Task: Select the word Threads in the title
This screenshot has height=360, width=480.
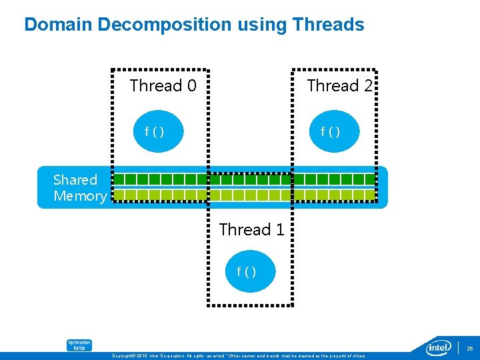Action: [x=327, y=25]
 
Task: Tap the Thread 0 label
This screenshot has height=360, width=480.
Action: [x=163, y=86]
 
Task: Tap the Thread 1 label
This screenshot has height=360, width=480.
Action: [x=251, y=230]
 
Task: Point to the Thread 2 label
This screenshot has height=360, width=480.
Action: [x=339, y=86]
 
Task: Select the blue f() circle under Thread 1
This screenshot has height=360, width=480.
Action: [x=247, y=271]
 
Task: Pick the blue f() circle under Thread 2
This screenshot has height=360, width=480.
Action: [x=331, y=131]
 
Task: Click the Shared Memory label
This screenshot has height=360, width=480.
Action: [x=79, y=188]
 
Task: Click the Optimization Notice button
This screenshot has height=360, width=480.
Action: [x=79, y=345]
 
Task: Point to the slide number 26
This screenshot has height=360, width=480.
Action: [x=469, y=349]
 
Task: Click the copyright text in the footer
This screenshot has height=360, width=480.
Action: [x=241, y=356]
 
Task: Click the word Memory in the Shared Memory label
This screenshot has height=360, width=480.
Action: [x=79, y=196]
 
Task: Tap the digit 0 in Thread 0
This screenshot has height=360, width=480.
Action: [x=191, y=86]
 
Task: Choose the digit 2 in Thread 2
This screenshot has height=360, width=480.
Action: [x=367, y=86]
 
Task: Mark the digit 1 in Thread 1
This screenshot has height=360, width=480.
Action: [x=280, y=230]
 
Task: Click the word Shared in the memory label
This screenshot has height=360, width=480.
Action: [x=75, y=180]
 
